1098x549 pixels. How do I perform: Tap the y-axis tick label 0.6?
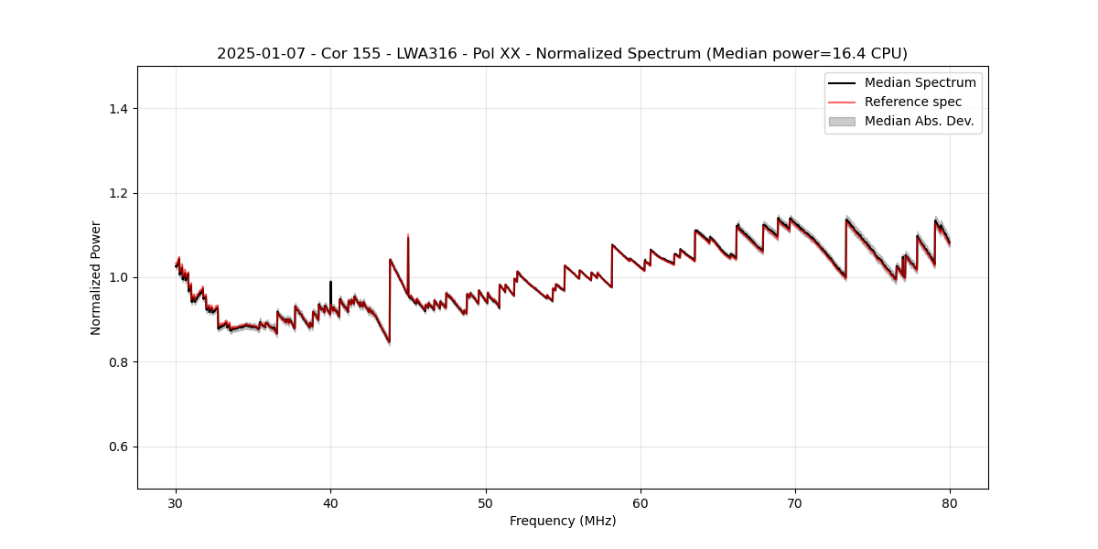click(x=117, y=447)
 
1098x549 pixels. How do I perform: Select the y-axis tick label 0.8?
click(x=117, y=362)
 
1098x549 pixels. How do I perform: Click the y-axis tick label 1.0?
click(x=117, y=277)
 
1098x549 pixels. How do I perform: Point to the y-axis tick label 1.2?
click(x=117, y=193)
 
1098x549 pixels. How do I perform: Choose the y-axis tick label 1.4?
click(x=117, y=109)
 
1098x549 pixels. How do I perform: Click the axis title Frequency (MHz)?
click(x=563, y=521)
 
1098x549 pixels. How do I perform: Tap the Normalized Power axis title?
click(x=96, y=277)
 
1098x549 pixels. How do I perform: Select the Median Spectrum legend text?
click(x=920, y=82)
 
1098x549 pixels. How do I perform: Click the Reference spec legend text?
click(x=912, y=102)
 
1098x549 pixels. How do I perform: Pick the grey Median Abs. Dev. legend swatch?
click(x=841, y=121)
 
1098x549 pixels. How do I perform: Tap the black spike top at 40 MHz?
click(x=330, y=282)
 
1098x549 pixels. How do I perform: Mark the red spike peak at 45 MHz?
click(x=408, y=236)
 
